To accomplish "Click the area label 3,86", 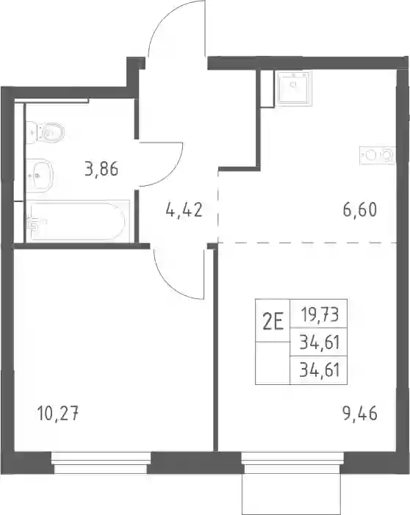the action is pos(101,170).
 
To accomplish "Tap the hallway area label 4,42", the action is pos(184,209).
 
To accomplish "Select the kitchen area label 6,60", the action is pos(360,210).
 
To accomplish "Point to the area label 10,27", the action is pos(58,413).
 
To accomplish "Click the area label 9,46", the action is pos(360,413).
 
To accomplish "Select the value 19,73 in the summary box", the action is pos(320,314).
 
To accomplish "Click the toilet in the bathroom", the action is pos(45,132).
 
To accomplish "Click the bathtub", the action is pos(78,220).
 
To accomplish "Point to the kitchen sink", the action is pos(294,87).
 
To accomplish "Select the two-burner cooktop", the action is pos(377,155).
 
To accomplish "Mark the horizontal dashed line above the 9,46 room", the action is pos(307,242).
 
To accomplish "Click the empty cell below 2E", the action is pos(273,363).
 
